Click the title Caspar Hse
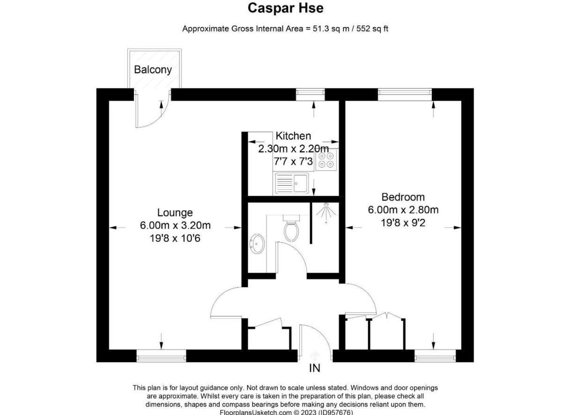(x=285, y=8)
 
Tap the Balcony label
(x=153, y=70)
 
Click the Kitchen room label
(x=293, y=136)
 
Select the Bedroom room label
(x=403, y=197)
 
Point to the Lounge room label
(x=175, y=213)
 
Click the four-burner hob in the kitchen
(x=326, y=160)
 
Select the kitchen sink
(x=291, y=183)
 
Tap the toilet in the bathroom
(x=291, y=228)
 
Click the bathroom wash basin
(x=257, y=244)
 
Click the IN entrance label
(x=315, y=369)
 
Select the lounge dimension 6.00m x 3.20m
(x=175, y=225)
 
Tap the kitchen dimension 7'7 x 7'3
(x=294, y=161)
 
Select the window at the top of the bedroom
(x=405, y=95)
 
